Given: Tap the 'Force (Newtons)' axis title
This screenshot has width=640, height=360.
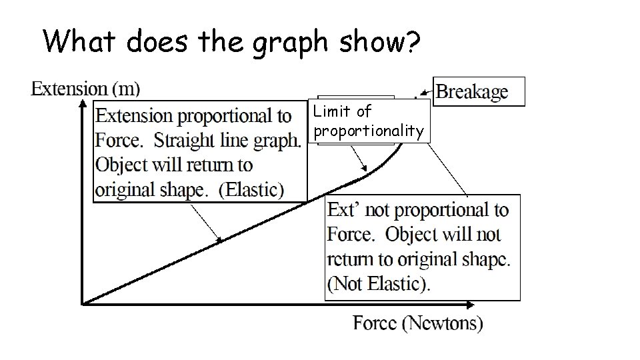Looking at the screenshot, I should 418,324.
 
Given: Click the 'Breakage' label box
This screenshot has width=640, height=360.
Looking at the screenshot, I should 479,92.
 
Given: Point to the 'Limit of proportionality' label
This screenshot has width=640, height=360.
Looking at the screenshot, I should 369,121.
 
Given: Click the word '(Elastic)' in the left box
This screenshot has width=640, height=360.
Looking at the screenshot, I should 251,189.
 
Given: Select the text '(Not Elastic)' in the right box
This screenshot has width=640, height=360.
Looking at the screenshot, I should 379,283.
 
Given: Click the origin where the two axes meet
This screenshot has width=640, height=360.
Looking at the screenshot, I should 82,304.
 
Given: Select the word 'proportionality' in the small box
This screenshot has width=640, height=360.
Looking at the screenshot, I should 369,131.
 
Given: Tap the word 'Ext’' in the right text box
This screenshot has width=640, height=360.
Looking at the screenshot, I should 344,211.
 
